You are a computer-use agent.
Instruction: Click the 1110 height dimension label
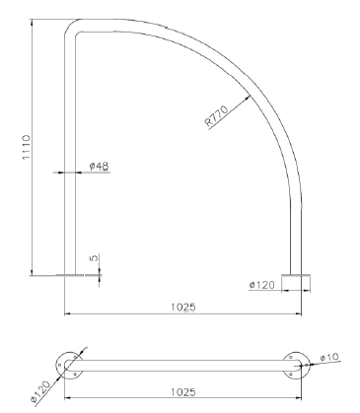pos(26,147)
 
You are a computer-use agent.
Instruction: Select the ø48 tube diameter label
pos(99,166)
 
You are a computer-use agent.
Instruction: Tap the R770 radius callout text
pos(216,115)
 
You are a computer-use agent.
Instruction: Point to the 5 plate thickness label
pos(94,258)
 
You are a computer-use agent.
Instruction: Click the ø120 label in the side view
pos(261,285)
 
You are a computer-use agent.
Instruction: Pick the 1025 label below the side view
pos(183,307)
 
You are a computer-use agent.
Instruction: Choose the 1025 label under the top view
pos(183,392)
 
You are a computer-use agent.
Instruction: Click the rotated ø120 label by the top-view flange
pos(40,391)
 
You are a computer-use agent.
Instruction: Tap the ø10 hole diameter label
pos(329,357)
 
